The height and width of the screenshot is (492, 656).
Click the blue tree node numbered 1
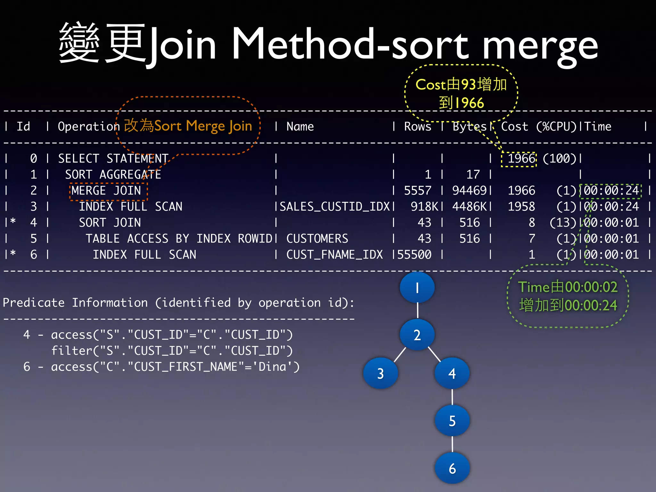click(x=417, y=287)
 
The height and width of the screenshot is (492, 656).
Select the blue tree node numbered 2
click(x=417, y=335)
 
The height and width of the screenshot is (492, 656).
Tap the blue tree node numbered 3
click(x=381, y=373)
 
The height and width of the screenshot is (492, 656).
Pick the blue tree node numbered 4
click(x=452, y=373)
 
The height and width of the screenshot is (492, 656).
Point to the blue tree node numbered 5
click(x=452, y=421)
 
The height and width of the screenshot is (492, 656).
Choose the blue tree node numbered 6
click(x=452, y=468)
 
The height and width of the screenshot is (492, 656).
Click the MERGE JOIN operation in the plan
click(x=106, y=191)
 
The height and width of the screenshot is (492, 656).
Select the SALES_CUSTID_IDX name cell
click(x=334, y=207)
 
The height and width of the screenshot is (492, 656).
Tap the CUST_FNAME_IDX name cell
click(x=334, y=255)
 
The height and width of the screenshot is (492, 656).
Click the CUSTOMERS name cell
click(x=317, y=239)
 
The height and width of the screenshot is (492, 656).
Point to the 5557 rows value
click(x=418, y=191)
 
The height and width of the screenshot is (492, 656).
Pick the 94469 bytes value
click(x=470, y=191)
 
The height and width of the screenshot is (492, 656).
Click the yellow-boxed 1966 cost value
click(x=521, y=159)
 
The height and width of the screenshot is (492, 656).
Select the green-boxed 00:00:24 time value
click(x=611, y=191)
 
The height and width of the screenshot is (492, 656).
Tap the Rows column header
click(x=418, y=127)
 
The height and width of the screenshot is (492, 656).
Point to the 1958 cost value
click(x=521, y=207)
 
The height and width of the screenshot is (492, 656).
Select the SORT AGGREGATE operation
click(x=113, y=175)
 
